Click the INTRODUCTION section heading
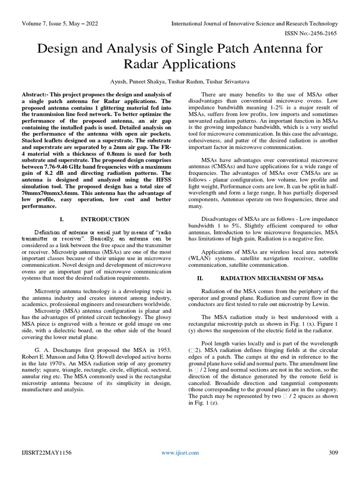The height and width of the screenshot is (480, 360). coord(105,219)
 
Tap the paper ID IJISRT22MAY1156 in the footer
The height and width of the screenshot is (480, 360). coord(45,452)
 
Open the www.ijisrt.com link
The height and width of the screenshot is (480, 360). coord(180,452)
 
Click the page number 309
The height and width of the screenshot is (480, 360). coord(332,452)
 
